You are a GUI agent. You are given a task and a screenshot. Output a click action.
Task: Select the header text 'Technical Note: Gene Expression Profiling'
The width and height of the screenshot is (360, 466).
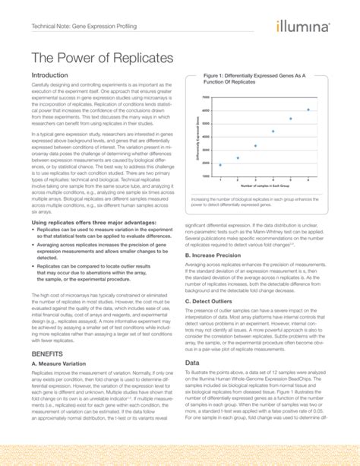[x=90, y=27]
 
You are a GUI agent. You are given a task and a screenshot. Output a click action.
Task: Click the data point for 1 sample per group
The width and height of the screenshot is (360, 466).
[x=220, y=165]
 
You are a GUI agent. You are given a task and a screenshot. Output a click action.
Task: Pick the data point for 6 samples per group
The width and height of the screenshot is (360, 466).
[x=308, y=110]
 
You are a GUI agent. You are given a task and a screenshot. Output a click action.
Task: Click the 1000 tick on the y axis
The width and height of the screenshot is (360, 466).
[x=206, y=176]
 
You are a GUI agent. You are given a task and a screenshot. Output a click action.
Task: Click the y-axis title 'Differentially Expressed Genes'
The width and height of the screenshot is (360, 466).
[x=197, y=137]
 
